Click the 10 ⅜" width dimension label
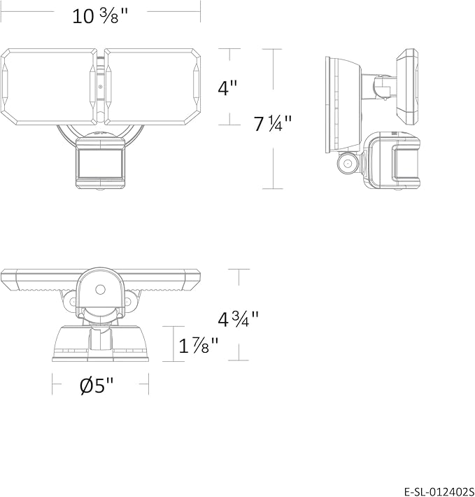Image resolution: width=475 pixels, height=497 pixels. coord(100,16)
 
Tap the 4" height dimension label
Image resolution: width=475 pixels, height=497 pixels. coord(227,87)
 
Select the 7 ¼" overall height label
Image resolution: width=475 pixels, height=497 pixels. coord(272,123)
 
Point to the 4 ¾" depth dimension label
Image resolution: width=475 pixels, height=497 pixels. coord(238,319)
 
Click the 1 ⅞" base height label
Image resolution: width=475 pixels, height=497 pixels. coord(199,345)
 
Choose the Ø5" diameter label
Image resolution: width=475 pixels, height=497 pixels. coord(97,385)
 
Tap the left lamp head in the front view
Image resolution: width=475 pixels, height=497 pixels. coord(49,87)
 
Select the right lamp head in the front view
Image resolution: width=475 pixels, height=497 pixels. coord(153,87)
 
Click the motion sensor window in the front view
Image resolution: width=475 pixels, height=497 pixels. coord(100,164)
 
